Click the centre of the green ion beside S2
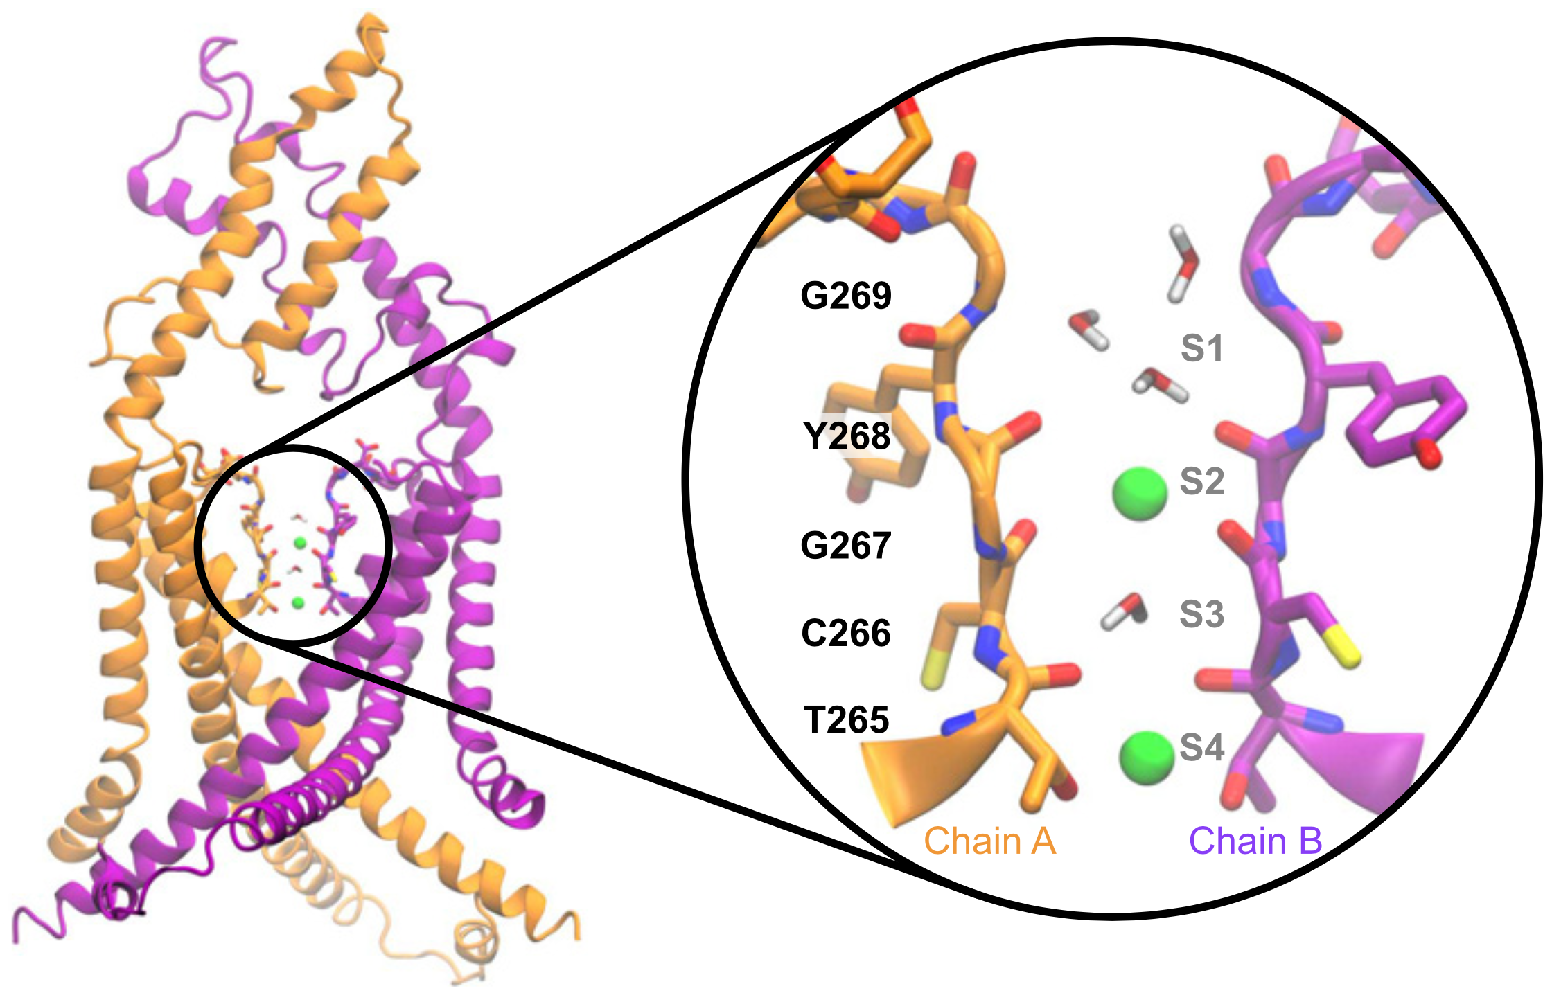click(1140, 493)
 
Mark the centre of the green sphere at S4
click(1147, 758)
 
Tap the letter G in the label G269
click(815, 296)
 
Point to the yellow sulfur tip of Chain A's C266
click(933, 671)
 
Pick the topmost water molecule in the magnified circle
click(1183, 263)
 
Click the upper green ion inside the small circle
click(299, 543)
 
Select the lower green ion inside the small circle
click(298, 603)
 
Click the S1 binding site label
click(1201, 348)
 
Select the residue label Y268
click(846, 436)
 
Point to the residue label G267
click(845, 546)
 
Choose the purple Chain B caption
click(1255, 841)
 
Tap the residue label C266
click(845, 633)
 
